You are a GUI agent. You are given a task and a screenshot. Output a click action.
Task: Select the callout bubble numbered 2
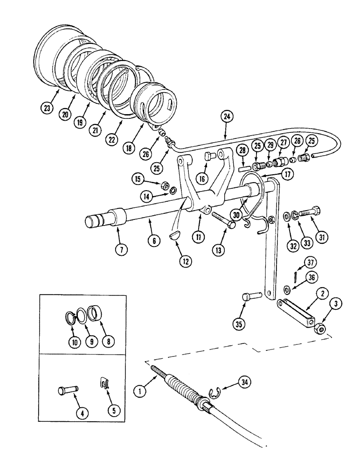[x=322, y=294]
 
